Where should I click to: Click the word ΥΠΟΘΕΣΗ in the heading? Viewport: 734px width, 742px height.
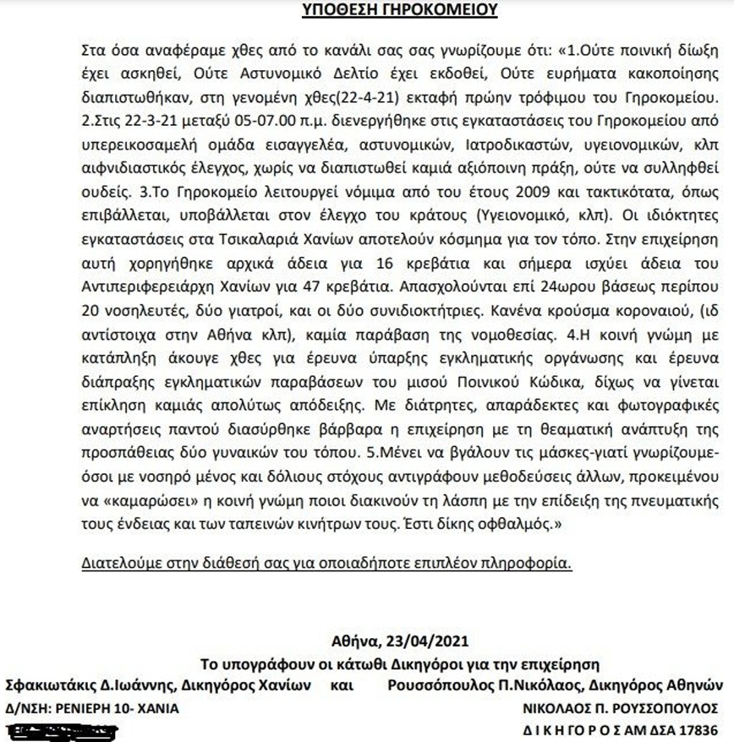[336, 10]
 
